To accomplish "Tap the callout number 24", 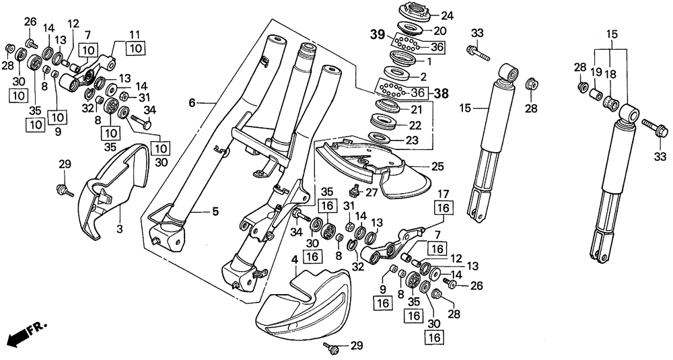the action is pyautogui.click(x=447, y=16).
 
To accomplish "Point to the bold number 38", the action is pyautogui.click(x=440, y=93).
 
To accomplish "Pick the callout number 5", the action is pyautogui.click(x=215, y=211).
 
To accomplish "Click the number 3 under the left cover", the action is pyautogui.click(x=119, y=229).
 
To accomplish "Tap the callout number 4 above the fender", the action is pyautogui.click(x=295, y=260).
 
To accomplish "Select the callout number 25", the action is pyautogui.click(x=438, y=166).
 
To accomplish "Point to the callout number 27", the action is pyautogui.click(x=371, y=192).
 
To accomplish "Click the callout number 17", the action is pyautogui.click(x=444, y=194).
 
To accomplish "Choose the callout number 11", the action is pyautogui.click(x=135, y=34).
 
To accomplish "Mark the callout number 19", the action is pyautogui.click(x=596, y=73).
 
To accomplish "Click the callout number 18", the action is pyautogui.click(x=610, y=74).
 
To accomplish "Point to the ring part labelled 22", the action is pyautogui.click(x=384, y=121).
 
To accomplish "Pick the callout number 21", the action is pyautogui.click(x=417, y=110).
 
